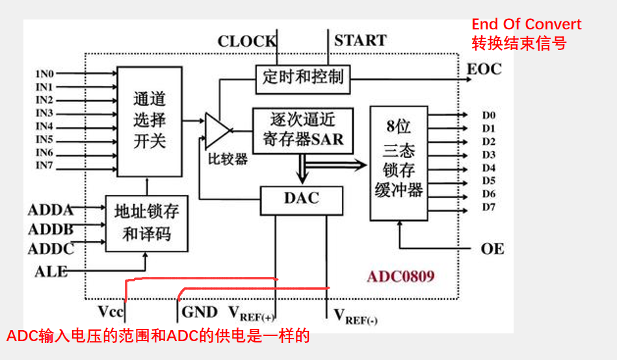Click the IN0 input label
(x=45, y=73)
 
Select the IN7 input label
(x=45, y=166)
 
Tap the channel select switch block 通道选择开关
(x=150, y=121)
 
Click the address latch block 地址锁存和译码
(x=146, y=222)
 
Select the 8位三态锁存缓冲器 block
(x=399, y=162)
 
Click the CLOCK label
(x=246, y=42)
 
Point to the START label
(x=360, y=41)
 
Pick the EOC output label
(x=484, y=69)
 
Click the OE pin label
(x=492, y=249)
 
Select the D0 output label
(x=488, y=115)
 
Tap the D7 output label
(x=488, y=207)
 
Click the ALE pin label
(x=51, y=271)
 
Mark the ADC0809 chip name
(x=400, y=277)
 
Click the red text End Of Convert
(x=526, y=25)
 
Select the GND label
(x=199, y=311)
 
